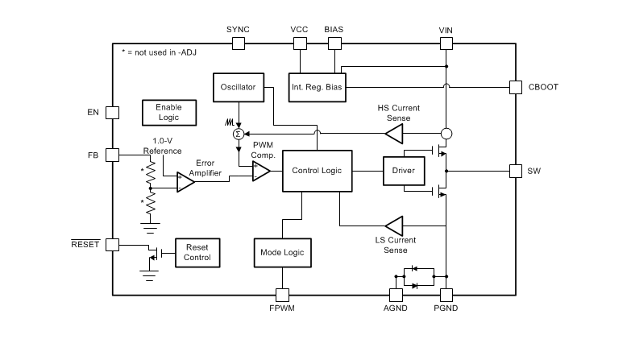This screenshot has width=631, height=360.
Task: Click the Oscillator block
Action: (238, 88)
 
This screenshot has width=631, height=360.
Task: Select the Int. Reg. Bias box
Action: (317, 88)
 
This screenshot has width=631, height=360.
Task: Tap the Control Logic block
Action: (316, 170)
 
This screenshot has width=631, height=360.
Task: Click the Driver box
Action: (403, 171)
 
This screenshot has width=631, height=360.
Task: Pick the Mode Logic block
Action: (281, 252)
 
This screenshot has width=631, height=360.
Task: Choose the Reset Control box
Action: (197, 252)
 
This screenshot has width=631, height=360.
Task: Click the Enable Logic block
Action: (168, 113)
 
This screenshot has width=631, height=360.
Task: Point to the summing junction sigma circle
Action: (238, 133)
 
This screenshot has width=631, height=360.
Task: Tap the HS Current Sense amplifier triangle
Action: (393, 133)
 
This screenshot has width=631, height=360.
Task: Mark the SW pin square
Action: (515, 171)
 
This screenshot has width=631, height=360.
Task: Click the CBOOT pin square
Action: (515, 87)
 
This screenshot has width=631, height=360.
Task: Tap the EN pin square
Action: (112, 113)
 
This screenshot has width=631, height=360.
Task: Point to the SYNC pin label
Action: (238, 29)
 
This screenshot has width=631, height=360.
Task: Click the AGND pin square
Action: (396, 294)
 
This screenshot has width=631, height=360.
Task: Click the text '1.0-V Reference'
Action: (163, 146)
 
